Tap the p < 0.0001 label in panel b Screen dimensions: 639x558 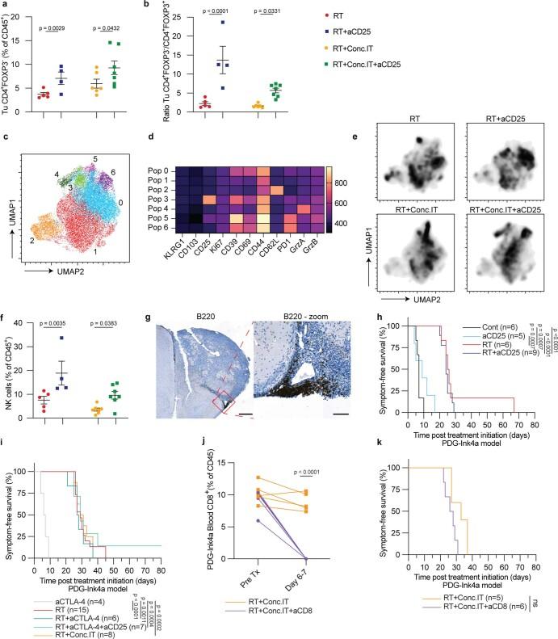tap(218, 11)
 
